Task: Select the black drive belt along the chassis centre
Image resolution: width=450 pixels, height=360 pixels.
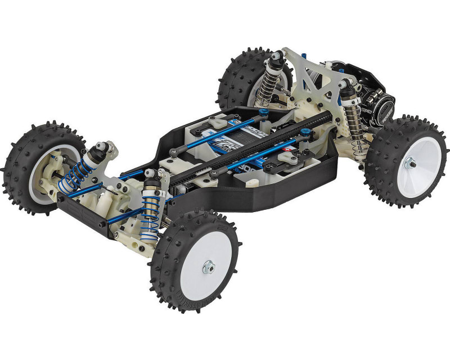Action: pyautogui.click(x=247, y=149)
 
